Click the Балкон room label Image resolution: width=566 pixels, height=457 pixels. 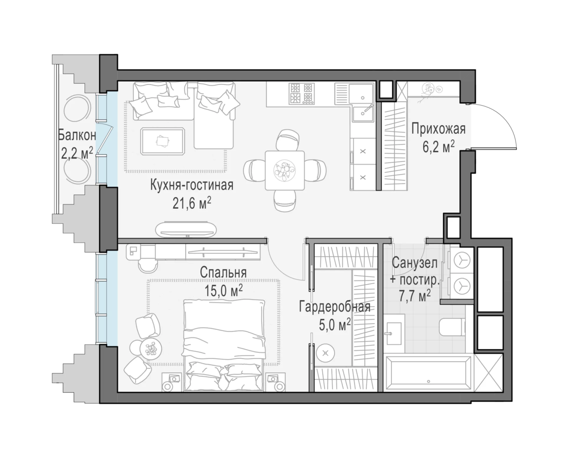tap(77, 135)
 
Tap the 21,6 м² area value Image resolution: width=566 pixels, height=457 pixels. tap(192, 203)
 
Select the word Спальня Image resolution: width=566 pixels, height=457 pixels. tap(223, 273)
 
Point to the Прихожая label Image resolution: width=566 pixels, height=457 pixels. tap(438, 129)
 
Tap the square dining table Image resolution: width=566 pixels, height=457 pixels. tap(285, 171)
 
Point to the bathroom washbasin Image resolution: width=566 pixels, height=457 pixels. tap(393, 333)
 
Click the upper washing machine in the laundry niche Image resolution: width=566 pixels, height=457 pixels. tap(462, 260)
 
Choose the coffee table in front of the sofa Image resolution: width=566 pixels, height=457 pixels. tap(163, 141)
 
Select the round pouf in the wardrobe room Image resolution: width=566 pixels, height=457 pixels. tap(325, 353)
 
